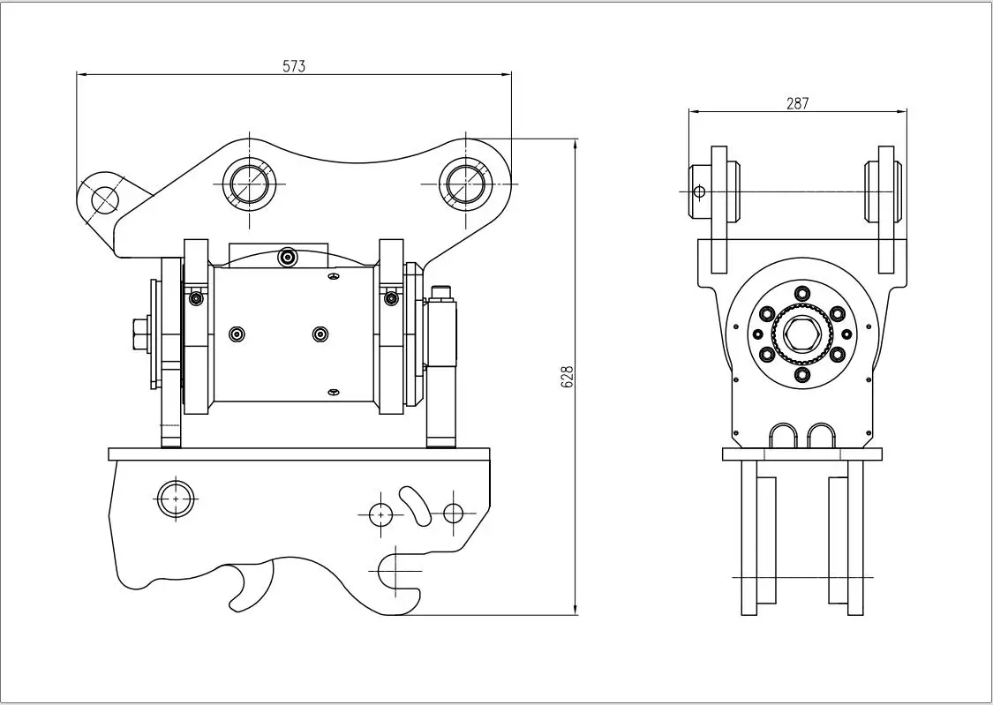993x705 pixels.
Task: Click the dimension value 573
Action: coord(294,66)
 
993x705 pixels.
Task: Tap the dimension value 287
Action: coord(797,103)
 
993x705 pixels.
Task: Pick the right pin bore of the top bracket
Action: coord(467,184)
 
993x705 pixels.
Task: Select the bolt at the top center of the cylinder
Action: coord(287,257)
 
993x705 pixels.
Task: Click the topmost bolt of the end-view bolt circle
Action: coord(801,293)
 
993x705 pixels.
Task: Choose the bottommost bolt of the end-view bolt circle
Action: coord(801,375)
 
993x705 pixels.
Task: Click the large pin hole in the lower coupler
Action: coord(176,499)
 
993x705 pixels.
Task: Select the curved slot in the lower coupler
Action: coord(414,504)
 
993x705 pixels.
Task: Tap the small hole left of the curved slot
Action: coord(380,513)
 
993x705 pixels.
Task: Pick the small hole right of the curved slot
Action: coord(453,513)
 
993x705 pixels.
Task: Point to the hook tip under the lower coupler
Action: coord(237,604)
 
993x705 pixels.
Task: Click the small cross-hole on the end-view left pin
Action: coord(699,191)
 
